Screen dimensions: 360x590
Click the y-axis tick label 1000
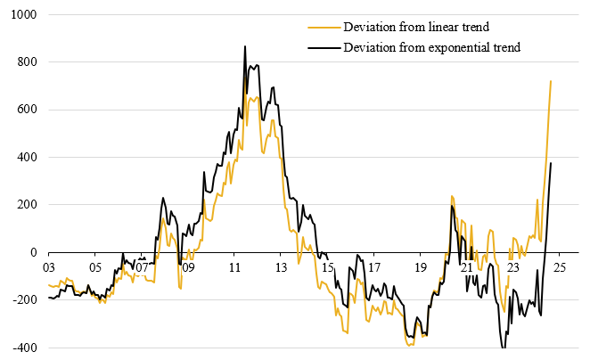(19, 15)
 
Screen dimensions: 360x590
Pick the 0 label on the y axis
(29, 252)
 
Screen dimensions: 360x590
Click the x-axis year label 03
(48, 266)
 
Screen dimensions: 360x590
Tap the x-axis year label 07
(141, 266)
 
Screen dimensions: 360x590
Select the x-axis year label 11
(234, 266)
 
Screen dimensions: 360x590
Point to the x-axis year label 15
(327, 266)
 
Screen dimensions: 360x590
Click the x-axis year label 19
(420, 266)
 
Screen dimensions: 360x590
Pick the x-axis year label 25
(559, 266)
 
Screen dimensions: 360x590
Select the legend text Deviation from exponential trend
(431, 47)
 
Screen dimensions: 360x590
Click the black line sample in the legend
(323, 47)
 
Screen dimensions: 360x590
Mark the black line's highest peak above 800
(245, 46)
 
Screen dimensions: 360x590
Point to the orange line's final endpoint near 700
(551, 81)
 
